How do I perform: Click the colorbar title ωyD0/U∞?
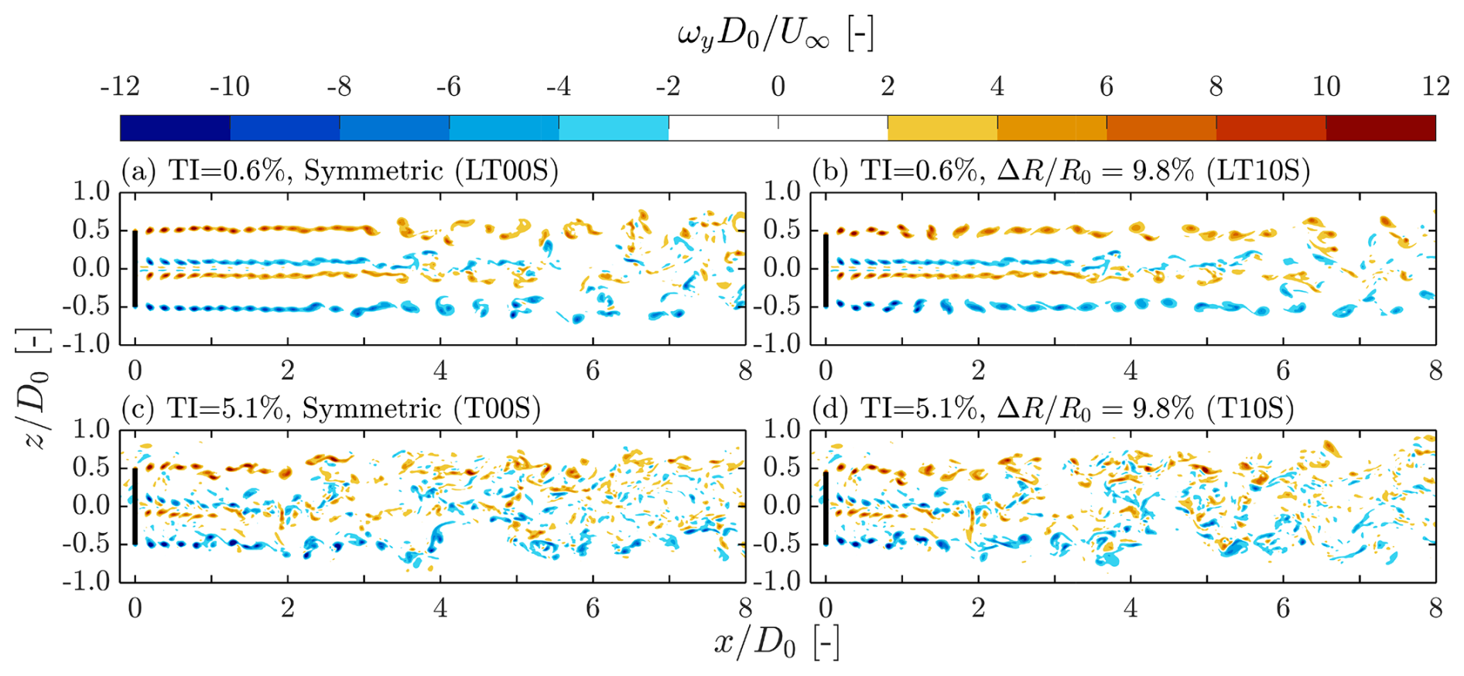[x=776, y=35]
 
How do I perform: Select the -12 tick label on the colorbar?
[x=120, y=86]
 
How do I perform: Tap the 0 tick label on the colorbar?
[x=778, y=86]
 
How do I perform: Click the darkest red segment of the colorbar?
[x=1380, y=128]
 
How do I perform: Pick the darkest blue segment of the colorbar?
[x=175, y=128]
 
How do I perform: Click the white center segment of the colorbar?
[x=778, y=128]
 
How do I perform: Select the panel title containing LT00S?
[x=340, y=170]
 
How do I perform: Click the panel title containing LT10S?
[x=1061, y=170]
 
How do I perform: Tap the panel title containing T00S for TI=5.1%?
[x=330, y=408]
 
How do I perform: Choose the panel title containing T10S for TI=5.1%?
[x=1053, y=408]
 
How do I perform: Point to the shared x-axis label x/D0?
[x=776, y=642]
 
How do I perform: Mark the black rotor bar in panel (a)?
[x=135, y=268]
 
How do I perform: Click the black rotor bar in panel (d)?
[x=826, y=507]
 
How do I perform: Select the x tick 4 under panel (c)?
[x=440, y=609]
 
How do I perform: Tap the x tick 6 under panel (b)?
[x=1283, y=370]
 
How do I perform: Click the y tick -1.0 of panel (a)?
[x=87, y=343]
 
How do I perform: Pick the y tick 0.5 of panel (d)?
[x=782, y=467]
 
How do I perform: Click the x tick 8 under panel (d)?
[x=1435, y=609]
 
